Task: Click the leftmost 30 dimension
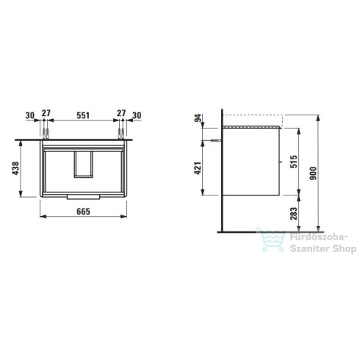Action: (30, 115)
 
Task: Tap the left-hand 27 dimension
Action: (47, 115)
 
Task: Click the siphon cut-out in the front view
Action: (84, 165)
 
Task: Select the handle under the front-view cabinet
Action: (84, 197)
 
